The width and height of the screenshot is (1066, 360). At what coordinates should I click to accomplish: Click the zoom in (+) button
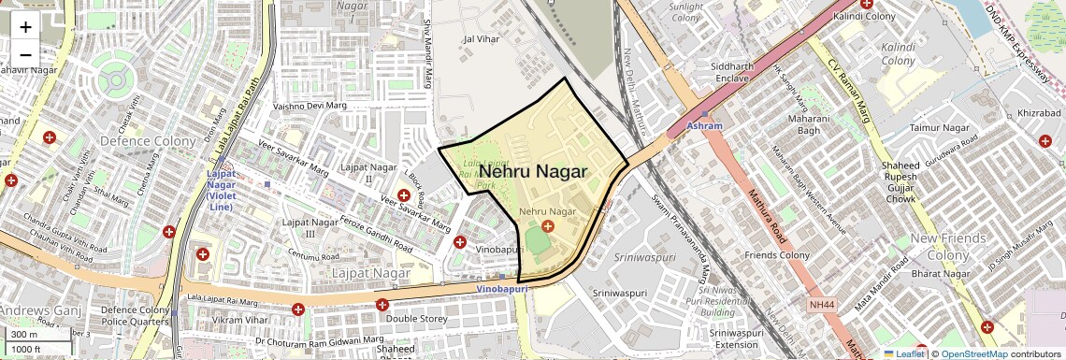(x=25, y=26)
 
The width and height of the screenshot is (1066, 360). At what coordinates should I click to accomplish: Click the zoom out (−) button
(x=25, y=54)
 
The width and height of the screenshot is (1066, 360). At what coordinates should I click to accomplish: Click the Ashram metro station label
(x=704, y=125)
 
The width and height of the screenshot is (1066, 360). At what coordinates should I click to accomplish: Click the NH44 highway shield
(x=822, y=305)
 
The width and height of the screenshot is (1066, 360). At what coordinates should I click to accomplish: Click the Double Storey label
(x=416, y=319)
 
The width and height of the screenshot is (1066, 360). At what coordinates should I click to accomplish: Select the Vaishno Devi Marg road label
(x=310, y=107)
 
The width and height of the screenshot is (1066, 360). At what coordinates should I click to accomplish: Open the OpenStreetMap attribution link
(x=973, y=353)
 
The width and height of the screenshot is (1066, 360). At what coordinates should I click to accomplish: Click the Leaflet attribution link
(x=909, y=353)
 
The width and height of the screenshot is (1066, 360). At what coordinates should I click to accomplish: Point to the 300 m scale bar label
(x=24, y=334)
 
